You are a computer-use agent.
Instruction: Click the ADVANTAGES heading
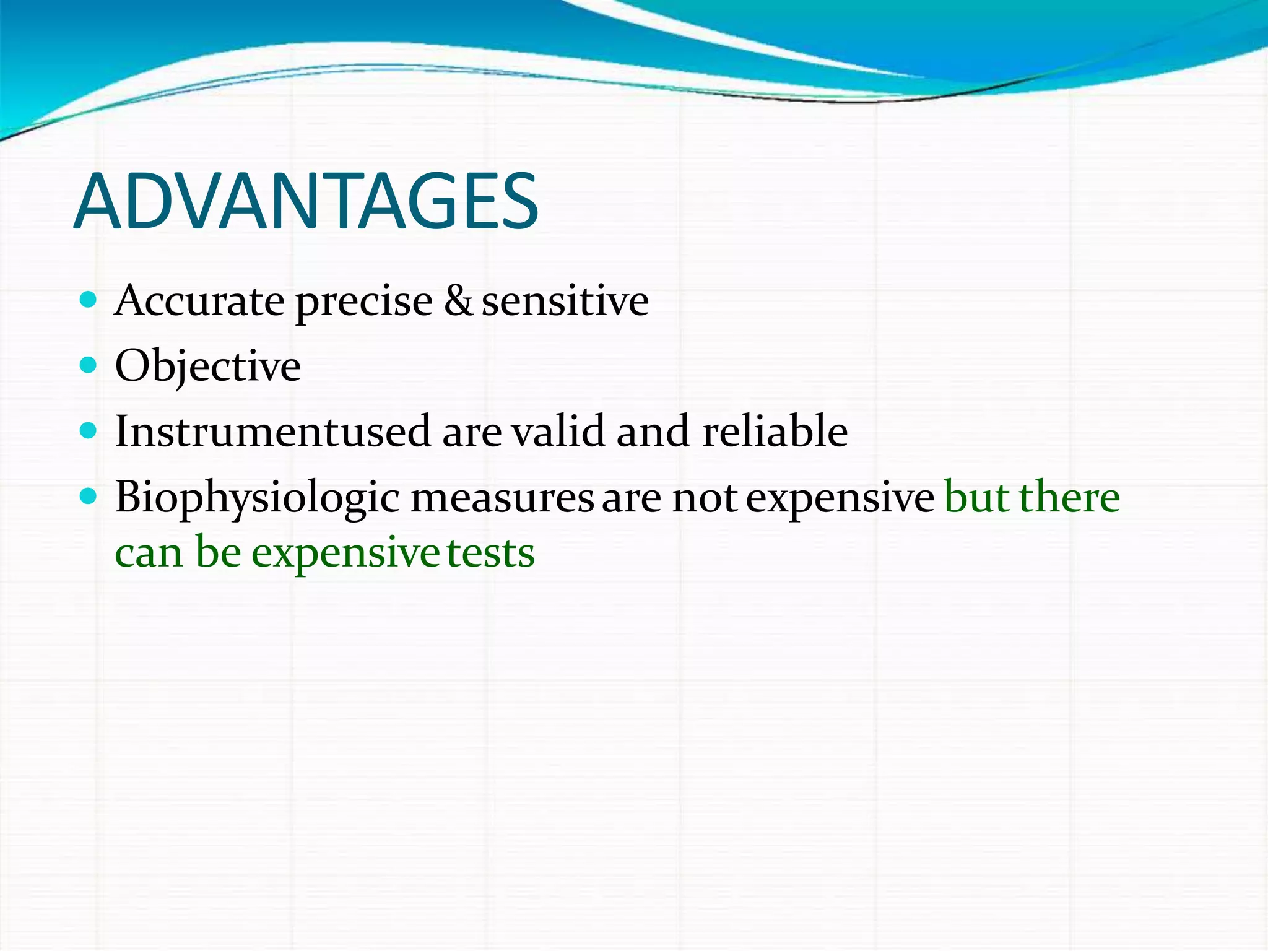[306, 202]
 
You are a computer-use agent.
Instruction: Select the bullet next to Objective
[89, 365]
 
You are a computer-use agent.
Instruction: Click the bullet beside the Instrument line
[89, 430]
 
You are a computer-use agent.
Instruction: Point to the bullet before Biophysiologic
[89, 496]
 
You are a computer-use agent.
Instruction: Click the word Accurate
[199, 302]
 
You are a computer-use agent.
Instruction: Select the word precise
[364, 303]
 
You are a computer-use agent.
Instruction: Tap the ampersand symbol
[458, 301]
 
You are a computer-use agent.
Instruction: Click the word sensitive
[565, 302]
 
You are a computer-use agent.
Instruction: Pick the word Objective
[207, 367]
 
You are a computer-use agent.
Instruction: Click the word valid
[558, 431]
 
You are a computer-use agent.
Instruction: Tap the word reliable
[775, 431]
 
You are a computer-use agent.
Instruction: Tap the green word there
[1069, 497]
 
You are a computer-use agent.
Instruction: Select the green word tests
[490, 553]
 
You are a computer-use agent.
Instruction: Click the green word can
[149, 554]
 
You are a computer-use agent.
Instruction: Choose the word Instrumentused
[273, 431]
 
